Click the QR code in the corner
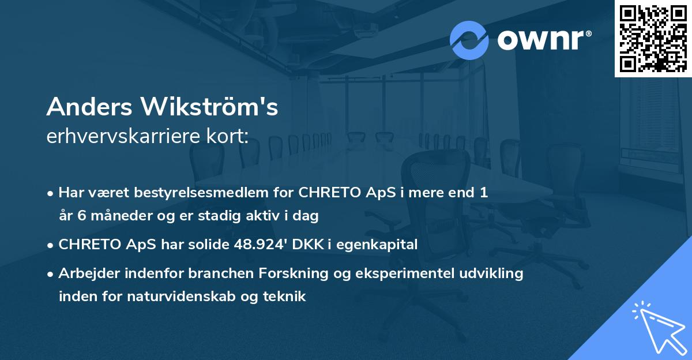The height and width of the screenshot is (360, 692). tap(653, 38)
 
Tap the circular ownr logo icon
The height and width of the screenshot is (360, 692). tap(469, 40)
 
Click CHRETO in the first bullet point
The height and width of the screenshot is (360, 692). tap(333, 193)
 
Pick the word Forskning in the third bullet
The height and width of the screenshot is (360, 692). tap(288, 273)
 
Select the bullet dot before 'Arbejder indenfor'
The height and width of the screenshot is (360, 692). tap(51, 274)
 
